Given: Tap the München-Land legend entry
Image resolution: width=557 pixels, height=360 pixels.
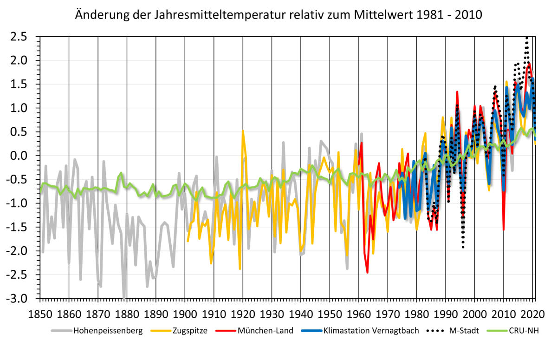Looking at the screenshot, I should (265, 331).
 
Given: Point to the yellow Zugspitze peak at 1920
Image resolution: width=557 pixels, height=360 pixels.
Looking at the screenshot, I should (243, 131).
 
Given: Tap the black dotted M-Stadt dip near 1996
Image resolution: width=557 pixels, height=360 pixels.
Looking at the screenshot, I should (463, 247).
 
